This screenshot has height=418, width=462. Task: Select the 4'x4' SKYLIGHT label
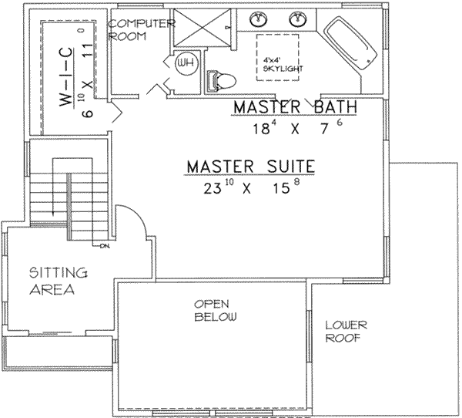tap(277, 64)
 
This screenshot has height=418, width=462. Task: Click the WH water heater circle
tap(186, 62)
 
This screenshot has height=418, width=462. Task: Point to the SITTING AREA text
tap(58, 281)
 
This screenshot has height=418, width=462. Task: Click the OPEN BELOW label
tap(215, 311)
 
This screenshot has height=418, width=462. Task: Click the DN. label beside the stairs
tap(103, 247)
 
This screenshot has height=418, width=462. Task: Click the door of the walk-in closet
tap(113, 115)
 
